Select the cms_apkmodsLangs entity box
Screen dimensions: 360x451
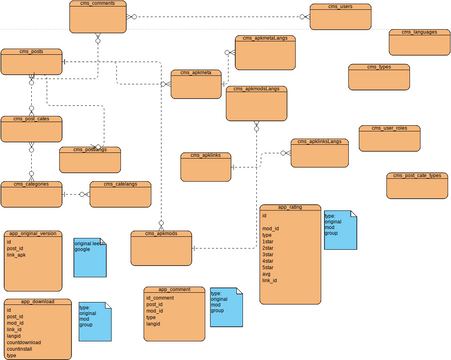point(256,102)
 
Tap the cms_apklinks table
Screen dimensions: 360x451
point(205,166)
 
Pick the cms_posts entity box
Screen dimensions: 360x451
point(31,60)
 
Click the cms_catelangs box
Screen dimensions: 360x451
point(120,193)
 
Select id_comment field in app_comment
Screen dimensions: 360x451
point(160,298)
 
